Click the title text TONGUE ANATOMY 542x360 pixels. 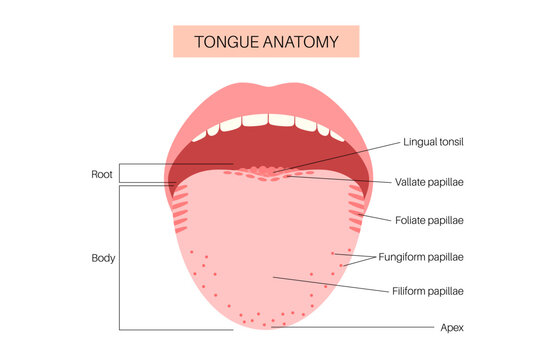coord(271,41)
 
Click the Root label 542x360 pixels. coord(102,173)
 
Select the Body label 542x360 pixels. coord(102,257)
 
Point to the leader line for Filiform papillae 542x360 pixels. coord(330,284)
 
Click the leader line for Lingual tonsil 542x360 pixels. coord(330,157)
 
